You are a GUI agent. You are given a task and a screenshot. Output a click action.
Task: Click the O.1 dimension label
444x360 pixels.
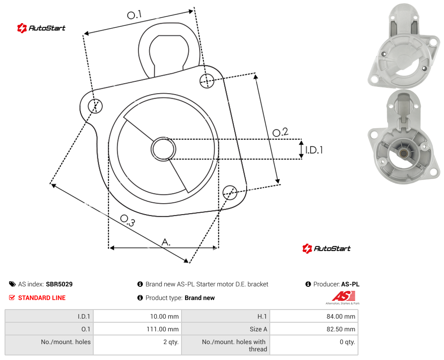point(134,15)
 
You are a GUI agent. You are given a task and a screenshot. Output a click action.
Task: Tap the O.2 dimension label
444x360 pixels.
point(280,132)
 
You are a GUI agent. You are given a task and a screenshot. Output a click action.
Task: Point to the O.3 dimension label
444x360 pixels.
point(127,220)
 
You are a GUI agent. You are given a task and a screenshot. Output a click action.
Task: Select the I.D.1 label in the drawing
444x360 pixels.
point(314,150)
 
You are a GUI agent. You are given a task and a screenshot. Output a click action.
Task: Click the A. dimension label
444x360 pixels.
point(166,242)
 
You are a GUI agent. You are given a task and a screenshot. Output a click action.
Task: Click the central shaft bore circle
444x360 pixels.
point(163,149)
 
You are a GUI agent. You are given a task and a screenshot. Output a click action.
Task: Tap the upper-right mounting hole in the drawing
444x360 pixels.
point(207,80)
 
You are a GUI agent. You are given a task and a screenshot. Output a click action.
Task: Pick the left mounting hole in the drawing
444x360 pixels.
point(95,106)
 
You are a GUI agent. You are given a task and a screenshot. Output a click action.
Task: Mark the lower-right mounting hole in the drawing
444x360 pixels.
point(230,192)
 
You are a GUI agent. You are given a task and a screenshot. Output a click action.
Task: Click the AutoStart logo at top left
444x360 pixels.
point(41,28)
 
